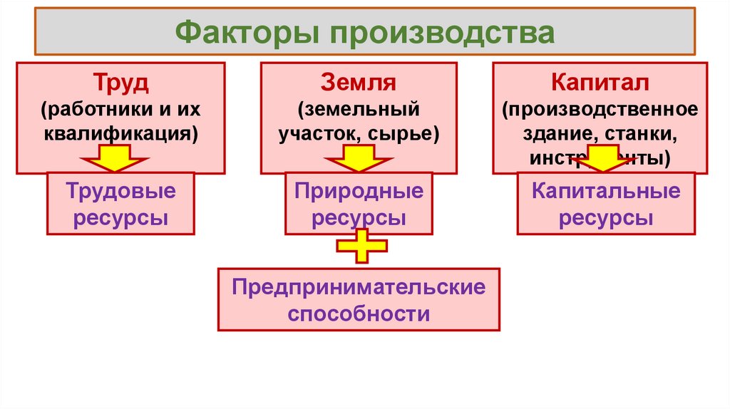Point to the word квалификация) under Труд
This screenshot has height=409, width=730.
(x=120, y=133)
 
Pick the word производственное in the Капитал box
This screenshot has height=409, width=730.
(x=600, y=110)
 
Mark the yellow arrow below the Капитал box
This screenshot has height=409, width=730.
(x=600, y=158)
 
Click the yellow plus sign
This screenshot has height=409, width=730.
(x=361, y=246)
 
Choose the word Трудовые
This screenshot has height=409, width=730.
(x=120, y=192)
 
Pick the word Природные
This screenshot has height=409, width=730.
(x=359, y=192)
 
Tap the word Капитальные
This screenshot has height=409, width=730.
(x=606, y=192)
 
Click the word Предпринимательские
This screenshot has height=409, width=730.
(x=359, y=289)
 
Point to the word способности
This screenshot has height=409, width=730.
(x=359, y=314)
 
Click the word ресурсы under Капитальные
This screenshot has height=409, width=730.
(x=606, y=217)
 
